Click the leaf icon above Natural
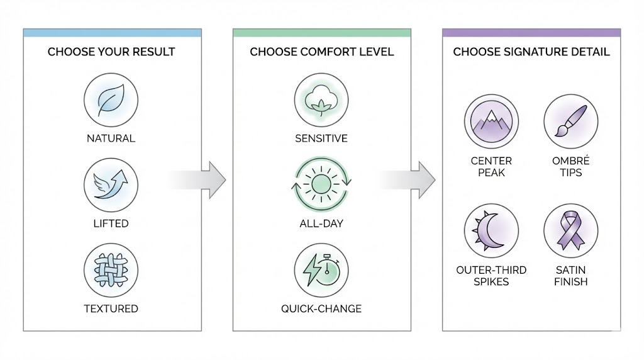(x=111, y=101)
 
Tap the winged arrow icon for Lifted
(x=111, y=185)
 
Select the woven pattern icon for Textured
(x=111, y=270)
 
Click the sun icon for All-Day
(x=321, y=184)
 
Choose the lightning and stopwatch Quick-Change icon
(x=321, y=270)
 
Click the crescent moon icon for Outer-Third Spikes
(x=491, y=230)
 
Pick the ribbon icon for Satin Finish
(x=570, y=230)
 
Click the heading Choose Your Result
(x=112, y=52)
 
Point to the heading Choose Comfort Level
(x=321, y=52)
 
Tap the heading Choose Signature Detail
(x=531, y=52)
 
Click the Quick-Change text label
(x=321, y=308)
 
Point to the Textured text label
(x=111, y=308)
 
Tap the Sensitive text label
(x=321, y=138)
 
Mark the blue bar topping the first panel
(x=112, y=32)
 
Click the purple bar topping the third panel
(x=531, y=32)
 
